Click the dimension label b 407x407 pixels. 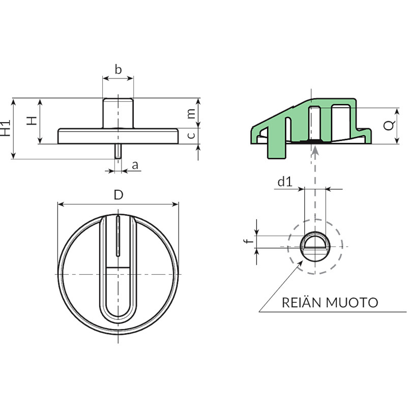[118, 70]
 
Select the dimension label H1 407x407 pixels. [5, 128]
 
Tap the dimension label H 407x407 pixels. [32, 121]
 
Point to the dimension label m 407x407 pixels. [191, 113]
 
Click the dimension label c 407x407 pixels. [191, 135]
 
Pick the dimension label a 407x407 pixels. [135, 165]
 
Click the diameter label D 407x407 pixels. [119, 195]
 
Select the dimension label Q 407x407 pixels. [389, 126]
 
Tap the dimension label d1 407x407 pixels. [285, 182]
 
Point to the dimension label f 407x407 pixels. [249, 241]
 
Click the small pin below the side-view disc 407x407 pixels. [118, 151]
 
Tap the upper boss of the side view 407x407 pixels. [118, 113]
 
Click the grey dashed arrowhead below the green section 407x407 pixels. [315, 150]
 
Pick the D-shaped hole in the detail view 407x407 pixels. [315, 241]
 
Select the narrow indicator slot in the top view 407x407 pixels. [118, 236]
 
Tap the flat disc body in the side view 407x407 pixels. [118, 136]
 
